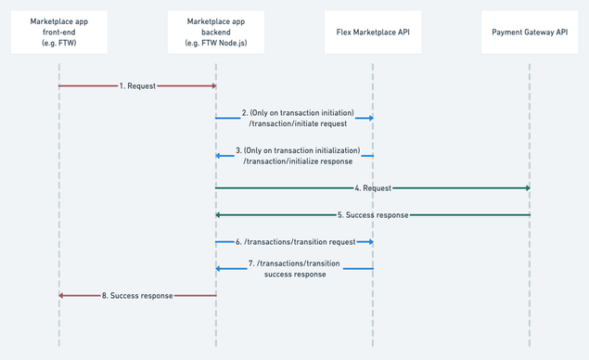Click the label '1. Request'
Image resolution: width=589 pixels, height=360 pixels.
tap(136, 85)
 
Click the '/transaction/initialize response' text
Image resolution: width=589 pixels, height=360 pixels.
tap(297, 161)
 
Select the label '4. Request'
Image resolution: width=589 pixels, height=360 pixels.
tap(371, 188)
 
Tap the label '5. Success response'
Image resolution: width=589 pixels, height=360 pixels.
tap(371, 215)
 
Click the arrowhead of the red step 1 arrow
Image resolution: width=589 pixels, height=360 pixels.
tap(212, 85)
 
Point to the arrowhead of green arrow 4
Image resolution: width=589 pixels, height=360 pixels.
tap(526, 188)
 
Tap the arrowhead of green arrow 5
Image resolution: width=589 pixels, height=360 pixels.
tap(219, 215)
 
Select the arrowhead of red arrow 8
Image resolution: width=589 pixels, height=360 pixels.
tap(62, 295)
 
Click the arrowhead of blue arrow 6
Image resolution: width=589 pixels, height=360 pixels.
tap(369, 241)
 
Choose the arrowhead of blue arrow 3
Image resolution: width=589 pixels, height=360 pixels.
tap(219, 155)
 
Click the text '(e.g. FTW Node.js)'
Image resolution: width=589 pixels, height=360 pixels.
tap(215, 45)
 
